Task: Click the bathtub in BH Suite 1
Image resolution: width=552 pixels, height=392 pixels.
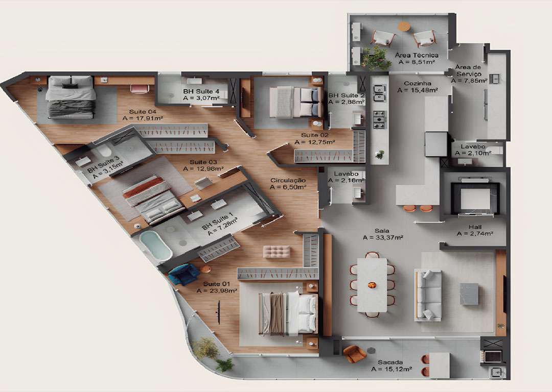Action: (x=155, y=246)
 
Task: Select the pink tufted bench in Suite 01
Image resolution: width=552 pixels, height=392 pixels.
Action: (x=277, y=252)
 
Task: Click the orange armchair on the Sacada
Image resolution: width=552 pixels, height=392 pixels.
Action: (x=354, y=353)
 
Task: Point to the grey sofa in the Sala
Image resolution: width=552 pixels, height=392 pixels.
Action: (x=428, y=295)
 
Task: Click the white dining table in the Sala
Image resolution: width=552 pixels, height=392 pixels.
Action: (x=372, y=285)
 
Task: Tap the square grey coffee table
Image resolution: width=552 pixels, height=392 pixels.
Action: (x=469, y=294)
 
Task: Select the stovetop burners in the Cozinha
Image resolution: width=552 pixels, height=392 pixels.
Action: (x=380, y=119)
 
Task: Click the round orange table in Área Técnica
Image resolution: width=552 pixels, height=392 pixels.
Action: (x=404, y=27)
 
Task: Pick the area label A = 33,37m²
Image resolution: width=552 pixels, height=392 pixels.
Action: (x=383, y=238)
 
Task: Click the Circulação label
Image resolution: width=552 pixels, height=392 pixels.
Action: (x=288, y=180)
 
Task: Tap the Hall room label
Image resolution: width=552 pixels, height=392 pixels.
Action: (x=475, y=227)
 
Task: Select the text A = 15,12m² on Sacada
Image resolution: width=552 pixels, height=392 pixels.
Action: (x=392, y=369)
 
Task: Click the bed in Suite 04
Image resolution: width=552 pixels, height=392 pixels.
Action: (x=71, y=97)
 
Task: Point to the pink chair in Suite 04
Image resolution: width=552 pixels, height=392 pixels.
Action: (x=140, y=89)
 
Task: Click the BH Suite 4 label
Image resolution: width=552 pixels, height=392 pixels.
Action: (x=201, y=91)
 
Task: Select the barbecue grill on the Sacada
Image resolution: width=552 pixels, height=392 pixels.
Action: (x=493, y=356)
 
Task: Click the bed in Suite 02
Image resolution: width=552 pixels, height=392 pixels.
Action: (x=296, y=102)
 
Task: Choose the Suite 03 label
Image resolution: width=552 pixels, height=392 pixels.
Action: (x=203, y=162)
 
